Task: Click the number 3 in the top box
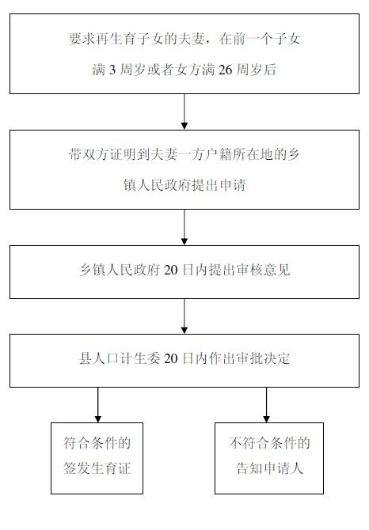[112, 70]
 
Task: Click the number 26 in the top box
[225, 70]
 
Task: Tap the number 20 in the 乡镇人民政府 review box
[171, 270]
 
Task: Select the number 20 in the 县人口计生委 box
[171, 358]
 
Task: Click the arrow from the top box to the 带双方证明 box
[184, 112]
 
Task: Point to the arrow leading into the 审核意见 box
[184, 227]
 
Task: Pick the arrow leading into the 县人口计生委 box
[184, 316]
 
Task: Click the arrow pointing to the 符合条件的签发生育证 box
[98, 405]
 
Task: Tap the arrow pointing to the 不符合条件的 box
[267, 405]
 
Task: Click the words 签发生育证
[97, 468]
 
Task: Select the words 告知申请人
[269, 468]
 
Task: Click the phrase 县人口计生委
[120, 358]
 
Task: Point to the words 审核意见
[264, 270]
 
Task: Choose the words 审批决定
[264, 358]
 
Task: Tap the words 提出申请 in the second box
[219, 185]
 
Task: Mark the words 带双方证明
[102, 155]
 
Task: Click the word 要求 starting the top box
[82, 40]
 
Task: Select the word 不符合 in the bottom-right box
[249, 443]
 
